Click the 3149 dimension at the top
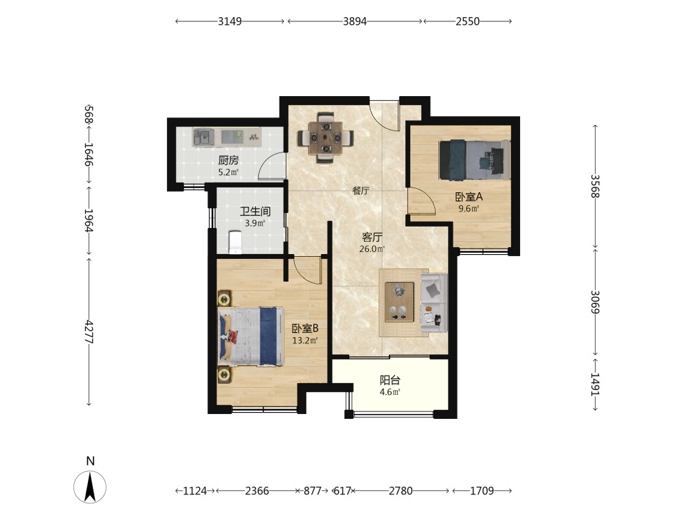tap(229, 21)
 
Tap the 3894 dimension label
tap(354, 21)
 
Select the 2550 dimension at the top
tap(467, 21)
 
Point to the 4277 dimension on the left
tap(89, 332)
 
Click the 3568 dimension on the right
tap(594, 186)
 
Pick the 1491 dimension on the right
tap(594, 384)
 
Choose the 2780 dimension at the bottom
tap(401, 490)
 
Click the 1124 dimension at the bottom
tap(195, 490)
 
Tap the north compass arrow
tap(90, 487)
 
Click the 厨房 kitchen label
tap(228, 160)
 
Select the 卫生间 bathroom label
tap(255, 211)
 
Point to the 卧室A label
tap(469, 196)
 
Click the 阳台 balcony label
tap(390, 380)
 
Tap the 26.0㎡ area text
tap(372, 249)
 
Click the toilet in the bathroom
tap(235, 243)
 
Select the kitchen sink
tap(203, 137)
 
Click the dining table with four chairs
tap(326, 138)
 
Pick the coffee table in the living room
tap(399, 302)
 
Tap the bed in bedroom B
tap(251, 336)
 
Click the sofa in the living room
tap(433, 303)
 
